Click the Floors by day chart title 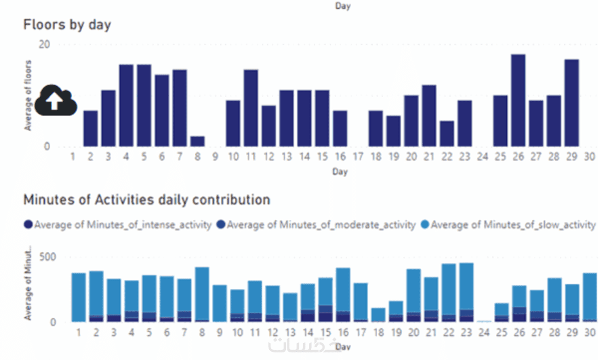pyautogui.click(x=67, y=25)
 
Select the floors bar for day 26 pyautogui.click(x=518, y=100)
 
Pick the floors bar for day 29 pyautogui.click(x=571, y=103)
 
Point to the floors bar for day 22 pyautogui.click(x=446, y=134)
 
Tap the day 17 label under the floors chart pyautogui.click(x=358, y=157)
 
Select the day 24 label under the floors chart pyautogui.click(x=482, y=157)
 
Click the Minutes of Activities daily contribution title pyautogui.click(x=146, y=200)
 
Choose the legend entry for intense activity pyautogui.click(x=117, y=224)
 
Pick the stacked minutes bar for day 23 pyautogui.click(x=466, y=292)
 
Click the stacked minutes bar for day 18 pyautogui.click(x=378, y=315)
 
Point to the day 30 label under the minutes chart pyautogui.click(x=589, y=334)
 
